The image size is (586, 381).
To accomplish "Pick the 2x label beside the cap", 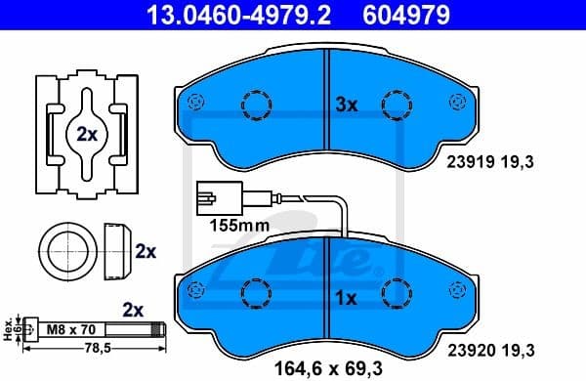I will tap(146, 251).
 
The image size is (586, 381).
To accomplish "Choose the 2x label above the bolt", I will tap(132, 309).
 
